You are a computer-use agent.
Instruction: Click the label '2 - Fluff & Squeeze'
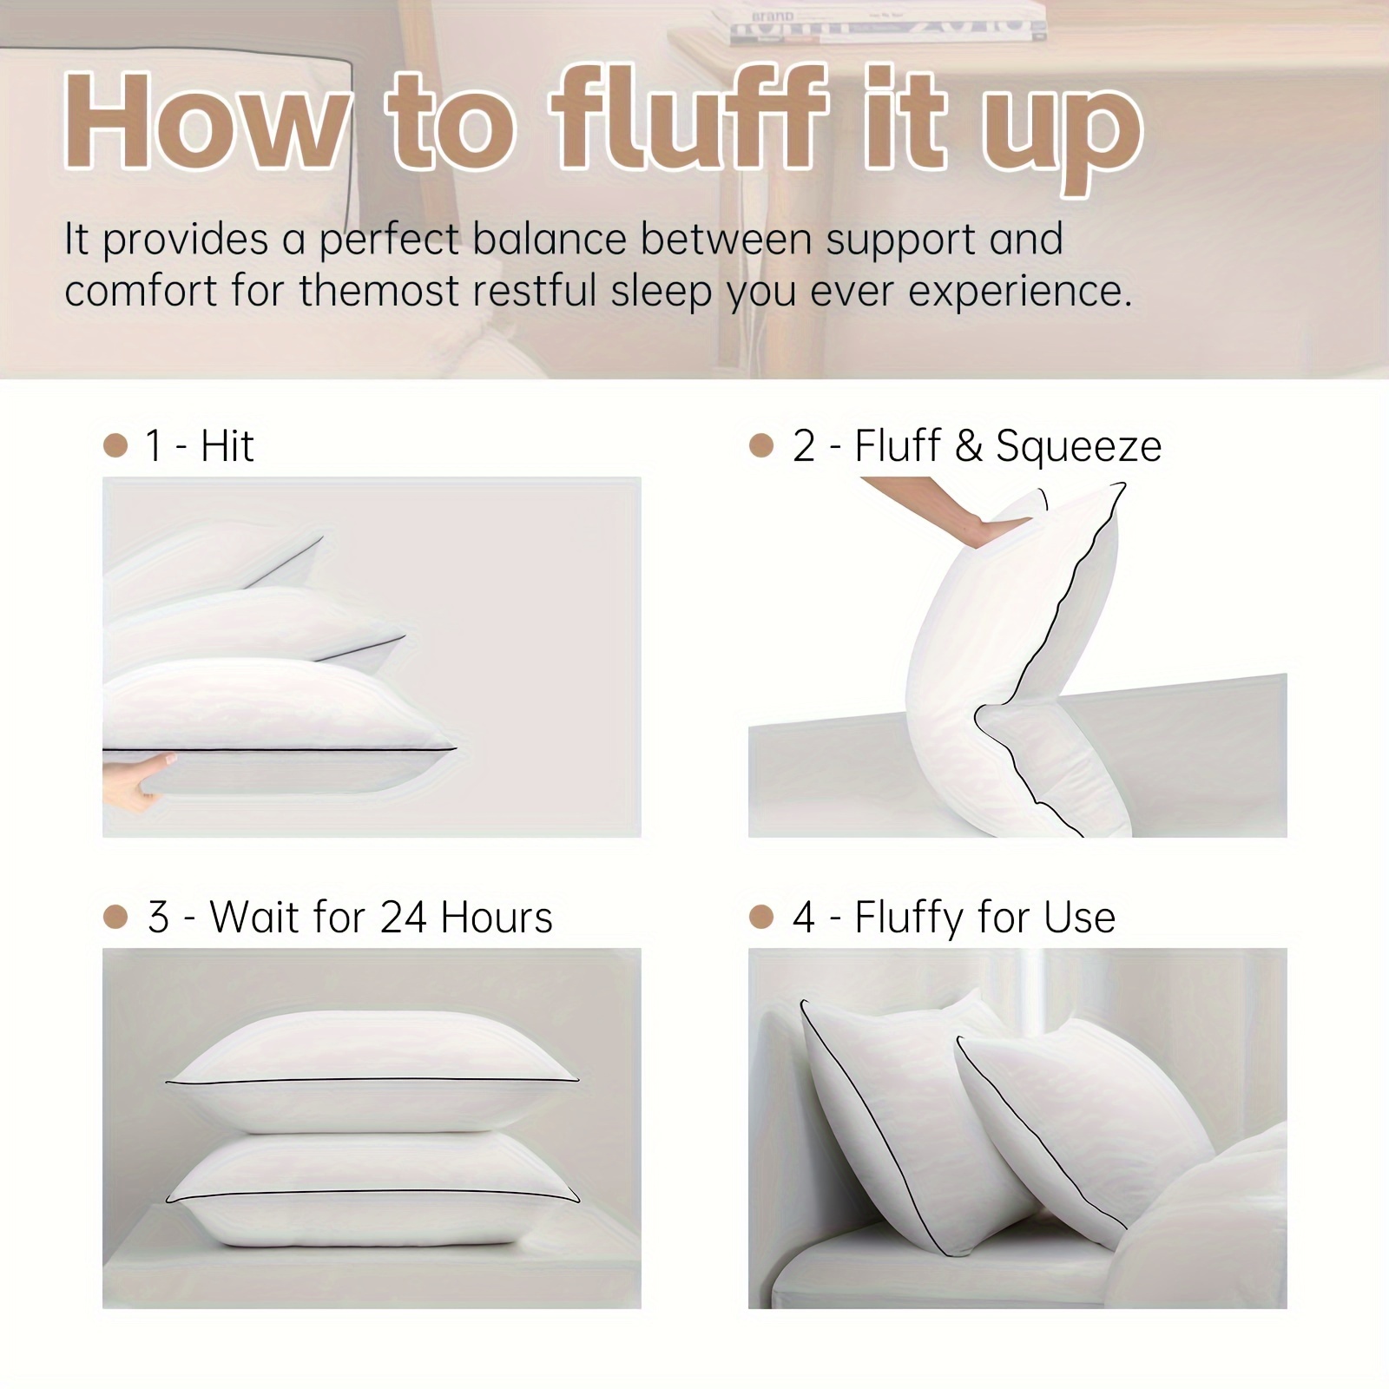point(976,446)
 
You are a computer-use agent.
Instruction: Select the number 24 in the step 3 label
point(403,918)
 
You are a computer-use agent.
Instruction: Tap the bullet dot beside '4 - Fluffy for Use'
point(760,918)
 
